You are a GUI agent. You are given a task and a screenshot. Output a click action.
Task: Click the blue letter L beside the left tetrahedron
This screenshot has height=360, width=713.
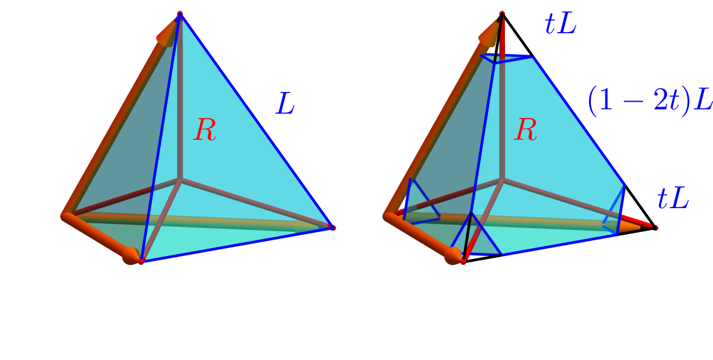[x=285, y=103]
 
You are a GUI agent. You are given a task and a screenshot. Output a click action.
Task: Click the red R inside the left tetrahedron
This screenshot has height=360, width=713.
[x=204, y=129]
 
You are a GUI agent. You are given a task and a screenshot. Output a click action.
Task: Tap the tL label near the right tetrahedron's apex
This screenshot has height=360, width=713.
[x=561, y=25]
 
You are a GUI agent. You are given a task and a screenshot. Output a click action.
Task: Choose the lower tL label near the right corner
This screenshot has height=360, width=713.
[x=674, y=199]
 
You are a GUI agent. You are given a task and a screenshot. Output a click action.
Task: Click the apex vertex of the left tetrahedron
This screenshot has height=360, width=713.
[x=180, y=14]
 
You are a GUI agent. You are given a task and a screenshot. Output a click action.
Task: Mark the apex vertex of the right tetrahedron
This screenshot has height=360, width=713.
[x=502, y=14]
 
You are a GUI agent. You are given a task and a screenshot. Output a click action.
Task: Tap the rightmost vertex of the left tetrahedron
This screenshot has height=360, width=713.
[x=333, y=227]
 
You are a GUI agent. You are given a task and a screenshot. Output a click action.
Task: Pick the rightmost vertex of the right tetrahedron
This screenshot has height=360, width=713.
[x=655, y=227]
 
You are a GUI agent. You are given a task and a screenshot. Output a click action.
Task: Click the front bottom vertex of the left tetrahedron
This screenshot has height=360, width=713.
[x=142, y=261]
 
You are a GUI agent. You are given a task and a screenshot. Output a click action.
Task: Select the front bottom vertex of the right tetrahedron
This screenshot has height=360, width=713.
[x=463, y=261]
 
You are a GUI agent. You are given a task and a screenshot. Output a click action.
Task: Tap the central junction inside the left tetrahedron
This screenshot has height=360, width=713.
[x=180, y=180]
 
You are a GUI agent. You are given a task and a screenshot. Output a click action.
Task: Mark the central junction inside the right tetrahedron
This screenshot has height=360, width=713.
[x=502, y=180]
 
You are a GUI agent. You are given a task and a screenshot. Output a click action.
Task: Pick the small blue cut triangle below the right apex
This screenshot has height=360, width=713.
[x=506, y=59]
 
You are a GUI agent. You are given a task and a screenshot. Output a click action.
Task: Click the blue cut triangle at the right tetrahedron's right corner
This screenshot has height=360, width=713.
[x=615, y=210]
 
